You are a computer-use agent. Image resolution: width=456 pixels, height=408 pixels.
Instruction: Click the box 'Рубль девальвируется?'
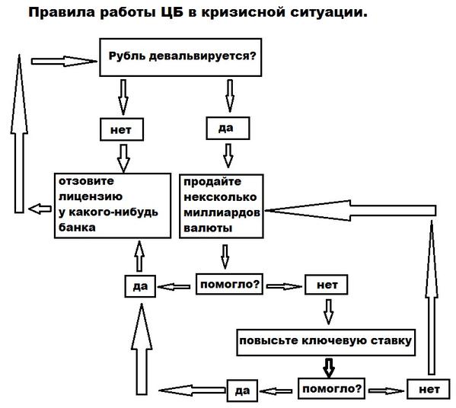tap(180, 57)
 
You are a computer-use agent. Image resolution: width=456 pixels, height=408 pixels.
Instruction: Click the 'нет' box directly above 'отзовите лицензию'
tap(122, 129)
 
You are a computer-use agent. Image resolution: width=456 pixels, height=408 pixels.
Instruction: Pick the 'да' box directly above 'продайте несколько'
tap(228, 128)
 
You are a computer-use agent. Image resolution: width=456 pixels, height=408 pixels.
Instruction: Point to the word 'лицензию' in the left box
tap(91, 197)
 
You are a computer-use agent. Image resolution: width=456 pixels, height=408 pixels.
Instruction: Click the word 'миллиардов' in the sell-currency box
tap(222, 213)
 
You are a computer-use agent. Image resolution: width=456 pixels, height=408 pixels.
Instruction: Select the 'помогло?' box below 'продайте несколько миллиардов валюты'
tap(229, 284)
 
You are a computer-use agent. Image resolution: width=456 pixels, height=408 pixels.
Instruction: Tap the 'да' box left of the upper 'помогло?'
tap(140, 286)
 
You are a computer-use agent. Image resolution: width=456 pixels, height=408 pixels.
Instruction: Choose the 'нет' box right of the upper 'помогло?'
tap(327, 285)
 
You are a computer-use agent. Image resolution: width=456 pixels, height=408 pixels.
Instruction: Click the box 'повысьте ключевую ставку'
tap(326, 343)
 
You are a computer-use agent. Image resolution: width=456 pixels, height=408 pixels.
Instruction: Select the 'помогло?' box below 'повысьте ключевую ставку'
tap(331, 388)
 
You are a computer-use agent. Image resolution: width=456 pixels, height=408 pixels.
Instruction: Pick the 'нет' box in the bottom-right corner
tap(429, 389)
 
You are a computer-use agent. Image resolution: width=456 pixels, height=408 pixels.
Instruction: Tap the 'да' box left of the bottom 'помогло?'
tap(242, 390)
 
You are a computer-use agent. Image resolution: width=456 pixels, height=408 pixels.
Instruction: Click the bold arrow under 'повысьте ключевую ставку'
tap(329, 368)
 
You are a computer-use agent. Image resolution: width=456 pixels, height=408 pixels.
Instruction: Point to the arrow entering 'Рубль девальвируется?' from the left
tap(64, 62)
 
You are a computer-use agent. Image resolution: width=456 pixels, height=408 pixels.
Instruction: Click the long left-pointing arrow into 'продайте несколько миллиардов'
tap(350, 210)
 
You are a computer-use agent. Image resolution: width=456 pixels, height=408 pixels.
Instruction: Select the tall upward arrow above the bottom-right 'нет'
tap(432, 297)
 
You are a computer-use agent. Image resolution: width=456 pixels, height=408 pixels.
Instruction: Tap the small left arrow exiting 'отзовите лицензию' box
tap(40, 209)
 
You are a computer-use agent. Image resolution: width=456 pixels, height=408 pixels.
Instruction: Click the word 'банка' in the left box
tap(77, 228)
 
